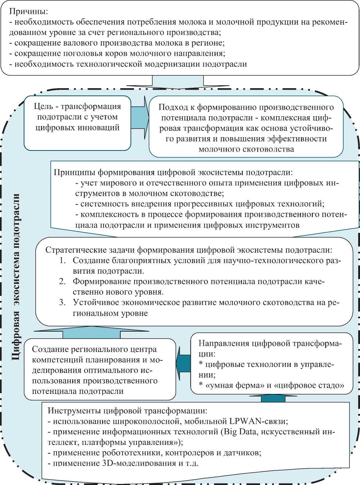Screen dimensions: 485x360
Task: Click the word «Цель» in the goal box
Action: pos(43,106)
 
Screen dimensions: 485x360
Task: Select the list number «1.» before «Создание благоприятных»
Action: pos(63,261)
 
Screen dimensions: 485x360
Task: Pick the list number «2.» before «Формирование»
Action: pos(63,281)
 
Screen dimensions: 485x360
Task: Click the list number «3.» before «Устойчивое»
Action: pos(63,302)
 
